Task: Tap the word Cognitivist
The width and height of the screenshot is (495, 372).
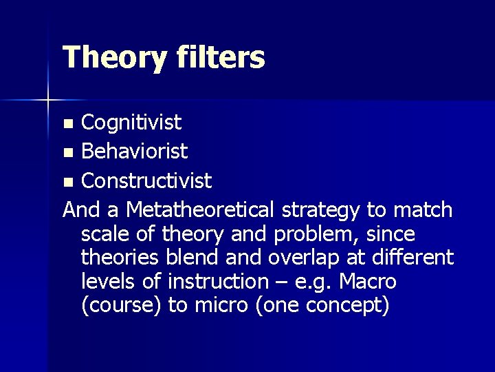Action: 131,123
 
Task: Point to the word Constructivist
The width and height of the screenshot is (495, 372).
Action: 146,181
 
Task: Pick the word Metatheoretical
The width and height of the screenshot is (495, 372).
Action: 204,209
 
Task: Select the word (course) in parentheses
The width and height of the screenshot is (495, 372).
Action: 121,306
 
